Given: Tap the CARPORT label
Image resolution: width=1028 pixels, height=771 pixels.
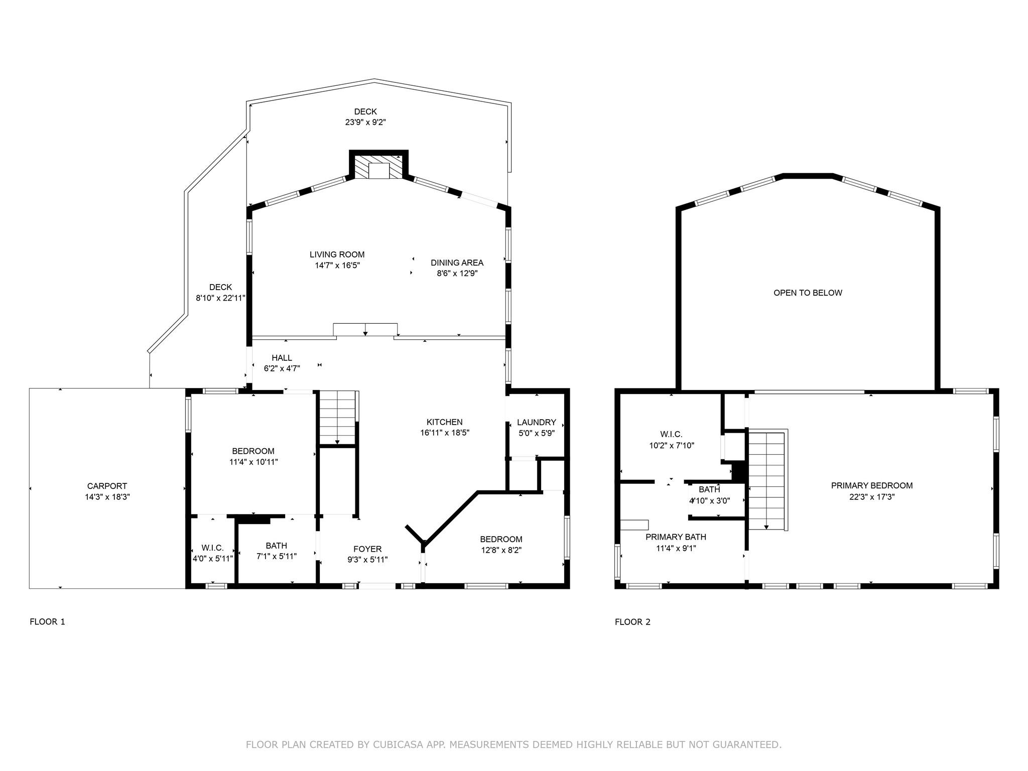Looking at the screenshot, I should (x=107, y=486).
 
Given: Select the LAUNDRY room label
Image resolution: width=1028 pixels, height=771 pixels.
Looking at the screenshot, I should (x=536, y=422).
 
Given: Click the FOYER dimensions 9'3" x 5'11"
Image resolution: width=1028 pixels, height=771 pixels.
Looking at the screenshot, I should (x=367, y=560).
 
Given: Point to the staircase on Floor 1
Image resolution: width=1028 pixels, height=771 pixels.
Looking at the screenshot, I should (x=337, y=418).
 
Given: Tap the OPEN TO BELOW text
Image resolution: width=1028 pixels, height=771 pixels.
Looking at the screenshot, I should (x=807, y=293).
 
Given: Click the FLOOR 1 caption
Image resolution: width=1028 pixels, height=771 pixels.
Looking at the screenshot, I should (x=47, y=622).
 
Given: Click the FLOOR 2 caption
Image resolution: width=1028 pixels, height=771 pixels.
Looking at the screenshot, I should (x=632, y=622).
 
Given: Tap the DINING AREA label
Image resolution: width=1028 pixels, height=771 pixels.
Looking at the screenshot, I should (x=457, y=263).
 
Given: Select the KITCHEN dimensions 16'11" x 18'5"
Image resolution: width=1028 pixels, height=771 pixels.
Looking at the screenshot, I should (x=444, y=433).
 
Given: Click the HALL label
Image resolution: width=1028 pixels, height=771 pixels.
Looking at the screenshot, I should (x=282, y=358).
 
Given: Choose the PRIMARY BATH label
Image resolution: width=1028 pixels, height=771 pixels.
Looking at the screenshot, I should (x=676, y=537).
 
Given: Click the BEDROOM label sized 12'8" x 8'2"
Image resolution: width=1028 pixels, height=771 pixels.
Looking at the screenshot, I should (x=500, y=539).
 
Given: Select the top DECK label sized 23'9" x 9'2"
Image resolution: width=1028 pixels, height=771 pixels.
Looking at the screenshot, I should (x=365, y=111).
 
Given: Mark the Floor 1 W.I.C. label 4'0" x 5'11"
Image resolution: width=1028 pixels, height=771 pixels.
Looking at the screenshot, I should (x=212, y=548).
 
